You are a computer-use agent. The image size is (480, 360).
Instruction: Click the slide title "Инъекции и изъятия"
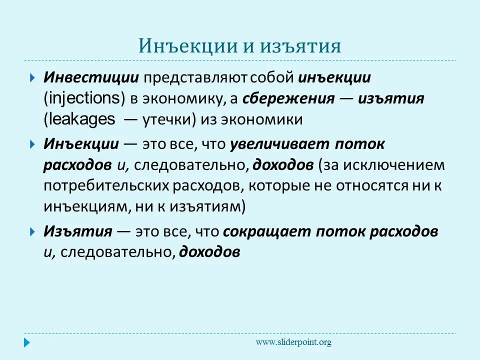(x=240, y=46)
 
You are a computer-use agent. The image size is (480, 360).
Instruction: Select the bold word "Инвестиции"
(x=90, y=78)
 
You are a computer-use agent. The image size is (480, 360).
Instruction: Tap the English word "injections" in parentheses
(x=84, y=98)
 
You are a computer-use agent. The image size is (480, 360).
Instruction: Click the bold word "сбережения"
(x=288, y=98)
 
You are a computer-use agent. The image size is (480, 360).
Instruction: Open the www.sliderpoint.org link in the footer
(x=293, y=342)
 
